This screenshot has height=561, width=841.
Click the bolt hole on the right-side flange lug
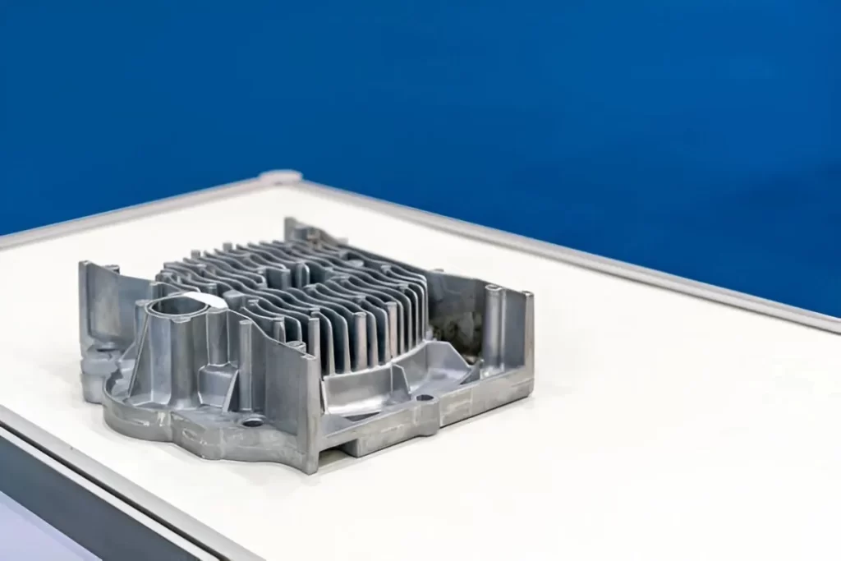(x=425, y=398)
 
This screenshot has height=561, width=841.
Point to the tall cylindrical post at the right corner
(x=492, y=324)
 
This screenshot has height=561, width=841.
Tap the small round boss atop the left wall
(x=111, y=269)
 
